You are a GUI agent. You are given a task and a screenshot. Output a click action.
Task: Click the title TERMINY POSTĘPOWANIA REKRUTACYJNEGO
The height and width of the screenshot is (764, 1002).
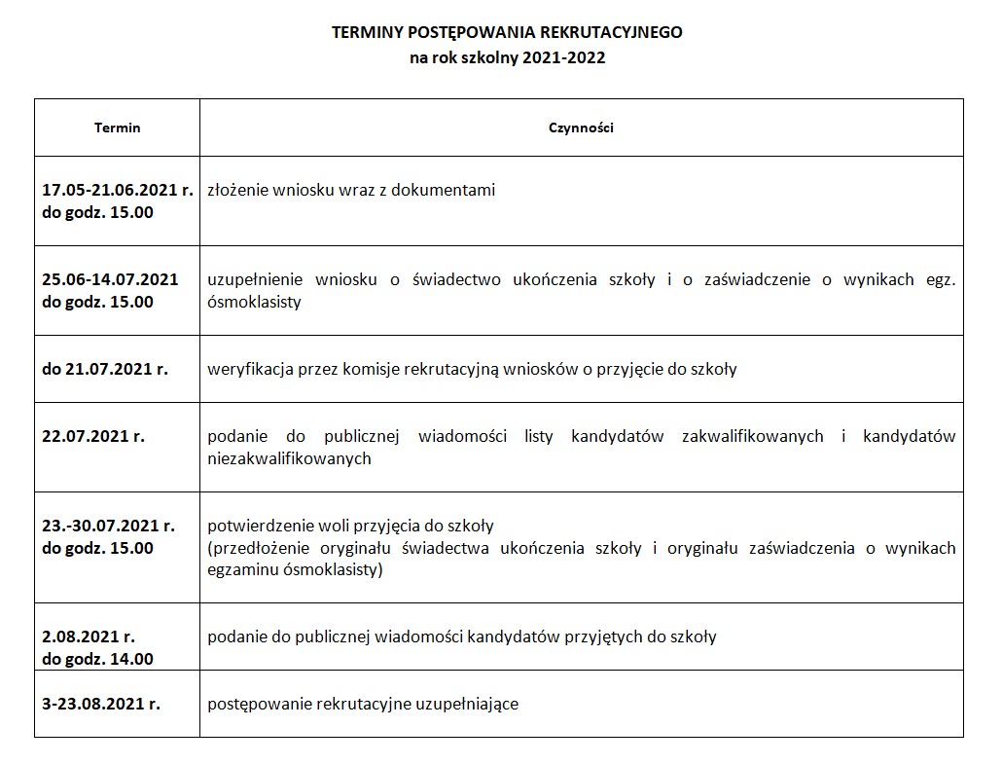click(507, 32)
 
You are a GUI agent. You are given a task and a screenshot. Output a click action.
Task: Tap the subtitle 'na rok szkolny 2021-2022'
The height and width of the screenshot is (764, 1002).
click(507, 57)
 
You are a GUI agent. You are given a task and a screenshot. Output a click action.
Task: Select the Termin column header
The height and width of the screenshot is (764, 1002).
click(117, 127)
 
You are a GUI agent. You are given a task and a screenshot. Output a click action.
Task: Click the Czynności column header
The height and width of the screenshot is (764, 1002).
click(581, 127)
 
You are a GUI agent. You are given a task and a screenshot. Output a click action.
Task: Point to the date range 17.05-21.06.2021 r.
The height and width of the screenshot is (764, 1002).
click(118, 190)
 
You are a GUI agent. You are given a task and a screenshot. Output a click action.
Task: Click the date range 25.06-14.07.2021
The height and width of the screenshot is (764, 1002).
click(110, 279)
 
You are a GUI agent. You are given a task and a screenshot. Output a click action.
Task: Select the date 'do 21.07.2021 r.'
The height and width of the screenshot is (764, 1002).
click(105, 369)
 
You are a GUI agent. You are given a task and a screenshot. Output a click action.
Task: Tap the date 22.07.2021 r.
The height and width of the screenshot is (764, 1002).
click(93, 436)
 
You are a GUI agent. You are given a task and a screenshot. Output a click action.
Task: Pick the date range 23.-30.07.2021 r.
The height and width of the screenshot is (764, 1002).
click(108, 526)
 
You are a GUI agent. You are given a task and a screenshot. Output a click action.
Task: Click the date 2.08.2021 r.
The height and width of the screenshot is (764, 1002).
click(89, 637)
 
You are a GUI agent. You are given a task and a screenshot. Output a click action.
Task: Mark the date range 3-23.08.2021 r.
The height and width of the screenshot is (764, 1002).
click(101, 704)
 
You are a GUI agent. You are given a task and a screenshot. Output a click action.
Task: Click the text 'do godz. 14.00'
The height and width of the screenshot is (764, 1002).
click(97, 659)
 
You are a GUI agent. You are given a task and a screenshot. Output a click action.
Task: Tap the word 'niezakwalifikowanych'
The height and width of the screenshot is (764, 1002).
click(289, 458)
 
